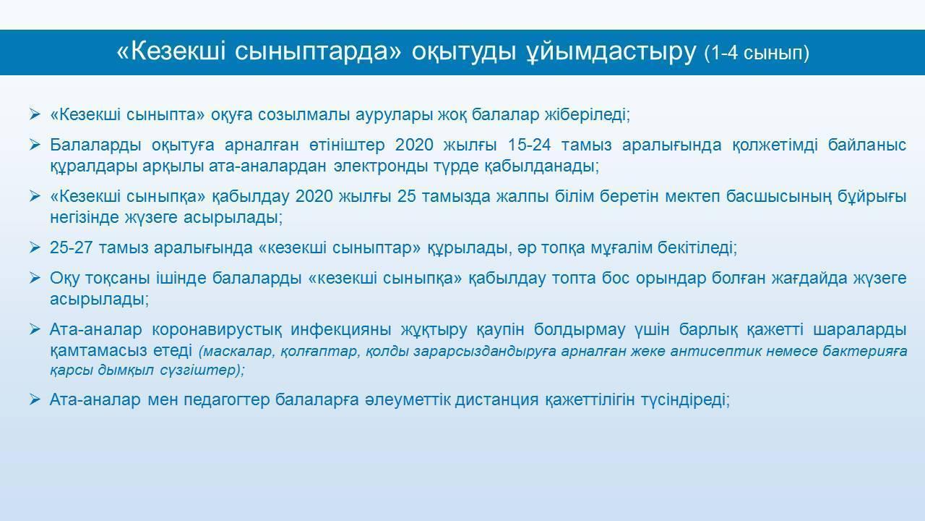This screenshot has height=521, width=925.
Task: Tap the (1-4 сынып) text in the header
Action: point(757,54)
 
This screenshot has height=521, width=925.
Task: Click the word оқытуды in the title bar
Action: point(464,53)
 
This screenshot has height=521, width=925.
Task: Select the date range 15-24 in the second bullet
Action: point(529,145)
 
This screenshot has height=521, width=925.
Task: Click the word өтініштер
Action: point(346,145)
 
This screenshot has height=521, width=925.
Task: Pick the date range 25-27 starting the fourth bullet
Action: point(71,247)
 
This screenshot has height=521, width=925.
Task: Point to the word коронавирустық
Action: point(217,329)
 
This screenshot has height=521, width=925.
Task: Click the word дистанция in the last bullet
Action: point(496,400)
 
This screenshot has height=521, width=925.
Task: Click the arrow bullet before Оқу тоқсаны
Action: point(35,278)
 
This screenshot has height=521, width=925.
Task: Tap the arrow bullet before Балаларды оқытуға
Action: point(35,145)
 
